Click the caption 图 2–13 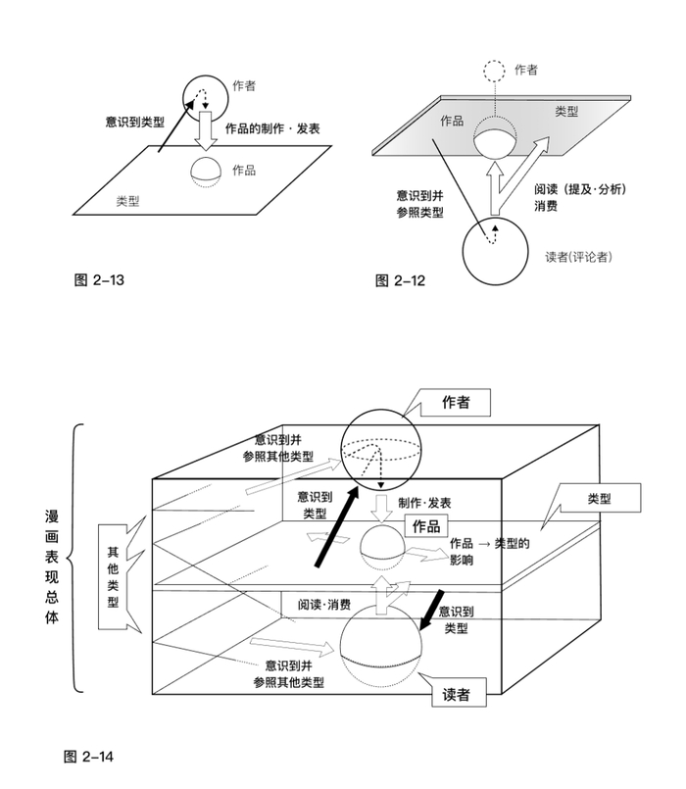click(x=99, y=281)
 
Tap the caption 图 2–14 click(x=91, y=756)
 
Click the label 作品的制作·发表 click(x=272, y=128)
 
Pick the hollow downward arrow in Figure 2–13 click(x=206, y=127)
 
